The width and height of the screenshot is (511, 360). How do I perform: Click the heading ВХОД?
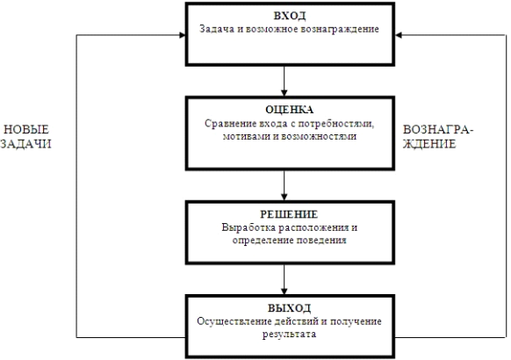pyautogui.click(x=290, y=16)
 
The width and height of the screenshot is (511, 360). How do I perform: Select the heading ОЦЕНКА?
pyautogui.click(x=290, y=110)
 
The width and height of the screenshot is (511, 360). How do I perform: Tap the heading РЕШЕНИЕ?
pyautogui.click(x=289, y=214)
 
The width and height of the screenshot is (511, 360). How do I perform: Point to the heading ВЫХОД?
pyautogui.click(x=290, y=308)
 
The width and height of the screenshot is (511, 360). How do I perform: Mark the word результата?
pyautogui.click(x=289, y=335)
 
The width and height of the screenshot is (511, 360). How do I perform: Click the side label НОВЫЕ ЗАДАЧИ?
pyautogui.click(x=26, y=137)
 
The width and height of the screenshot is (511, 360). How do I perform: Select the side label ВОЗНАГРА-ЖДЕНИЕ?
pyautogui.click(x=438, y=137)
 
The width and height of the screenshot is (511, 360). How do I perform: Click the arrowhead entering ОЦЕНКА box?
pyautogui.click(x=284, y=93)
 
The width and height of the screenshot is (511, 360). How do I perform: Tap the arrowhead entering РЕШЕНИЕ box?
pyautogui.click(x=284, y=197)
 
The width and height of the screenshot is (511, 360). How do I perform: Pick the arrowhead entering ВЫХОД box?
pyautogui.click(x=284, y=292)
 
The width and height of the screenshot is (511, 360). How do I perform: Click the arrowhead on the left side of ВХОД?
pyautogui.click(x=183, y=35)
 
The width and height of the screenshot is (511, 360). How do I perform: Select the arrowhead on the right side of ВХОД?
pyautogui.click(x=399, y=35)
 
